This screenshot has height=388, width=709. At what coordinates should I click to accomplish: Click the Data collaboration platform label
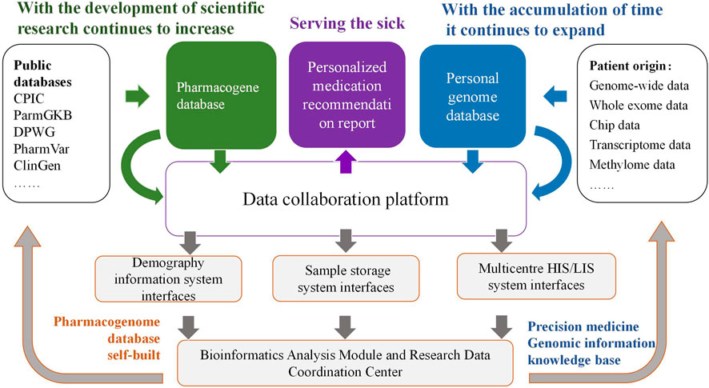(345, 198)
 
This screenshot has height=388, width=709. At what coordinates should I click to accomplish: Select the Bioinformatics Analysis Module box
(345, 361)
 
